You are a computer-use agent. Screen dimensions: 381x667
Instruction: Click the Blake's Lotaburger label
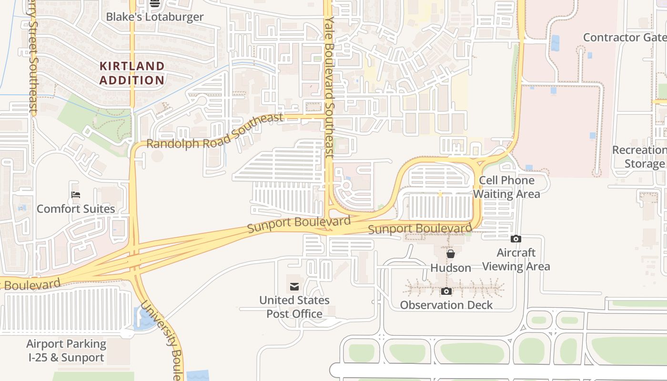coord(154,17)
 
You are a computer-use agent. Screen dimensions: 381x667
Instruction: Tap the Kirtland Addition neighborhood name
coord(132,73)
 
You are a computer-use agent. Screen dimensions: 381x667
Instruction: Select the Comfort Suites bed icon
coord(76,194)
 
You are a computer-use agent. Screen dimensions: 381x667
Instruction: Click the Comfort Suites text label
coord(76,209)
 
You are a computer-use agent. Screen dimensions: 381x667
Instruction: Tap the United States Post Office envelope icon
coord(294,286)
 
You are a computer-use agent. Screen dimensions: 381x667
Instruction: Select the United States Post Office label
coord(294,307)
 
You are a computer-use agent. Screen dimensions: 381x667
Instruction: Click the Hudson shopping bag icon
coord(450,254)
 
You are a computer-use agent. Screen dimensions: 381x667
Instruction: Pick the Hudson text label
coord(450,268)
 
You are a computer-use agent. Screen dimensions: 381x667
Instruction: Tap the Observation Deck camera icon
coord(446,291)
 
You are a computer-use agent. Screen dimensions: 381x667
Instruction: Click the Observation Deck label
coord(446,305)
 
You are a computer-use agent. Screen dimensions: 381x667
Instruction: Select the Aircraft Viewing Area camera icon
coord(515,239)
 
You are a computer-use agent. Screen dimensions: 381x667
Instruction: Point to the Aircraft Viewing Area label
coord(516,260)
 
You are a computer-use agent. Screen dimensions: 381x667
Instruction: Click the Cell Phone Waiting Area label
coord(506,187)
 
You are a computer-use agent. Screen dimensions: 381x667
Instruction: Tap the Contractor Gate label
coord(624,37)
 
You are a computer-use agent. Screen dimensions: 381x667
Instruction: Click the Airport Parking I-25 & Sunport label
coord(66,351)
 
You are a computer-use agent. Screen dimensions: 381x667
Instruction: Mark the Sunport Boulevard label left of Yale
coord(299,223)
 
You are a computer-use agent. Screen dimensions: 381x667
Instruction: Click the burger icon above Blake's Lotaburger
coord(154,3)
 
